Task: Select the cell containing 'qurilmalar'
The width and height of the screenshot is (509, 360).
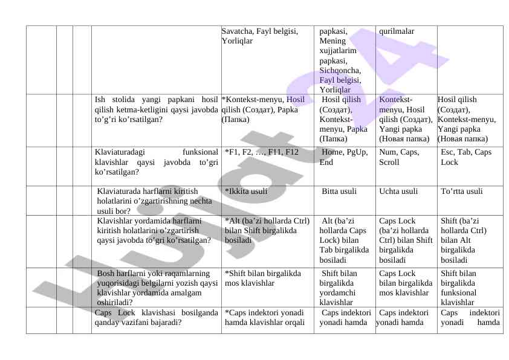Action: click(x=396, y=31)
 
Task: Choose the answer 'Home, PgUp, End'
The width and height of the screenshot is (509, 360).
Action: click(x=344, y=157)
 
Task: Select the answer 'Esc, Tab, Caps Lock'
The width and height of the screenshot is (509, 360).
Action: click(x=465, y=157)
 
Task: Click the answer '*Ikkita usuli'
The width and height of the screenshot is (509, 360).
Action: click(x=246, y=191)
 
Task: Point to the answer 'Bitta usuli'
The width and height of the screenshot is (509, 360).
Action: click(x=339, y=191)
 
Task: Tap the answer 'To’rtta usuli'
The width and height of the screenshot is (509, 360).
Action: click(x=462, y=191)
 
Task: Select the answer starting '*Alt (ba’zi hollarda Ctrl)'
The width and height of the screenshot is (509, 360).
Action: click(x=267, y=231)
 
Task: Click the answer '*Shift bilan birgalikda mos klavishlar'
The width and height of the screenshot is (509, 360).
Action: click(x=263, y=278)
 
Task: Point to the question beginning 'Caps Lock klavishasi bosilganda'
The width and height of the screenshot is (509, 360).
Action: click(x=156, y=318)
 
